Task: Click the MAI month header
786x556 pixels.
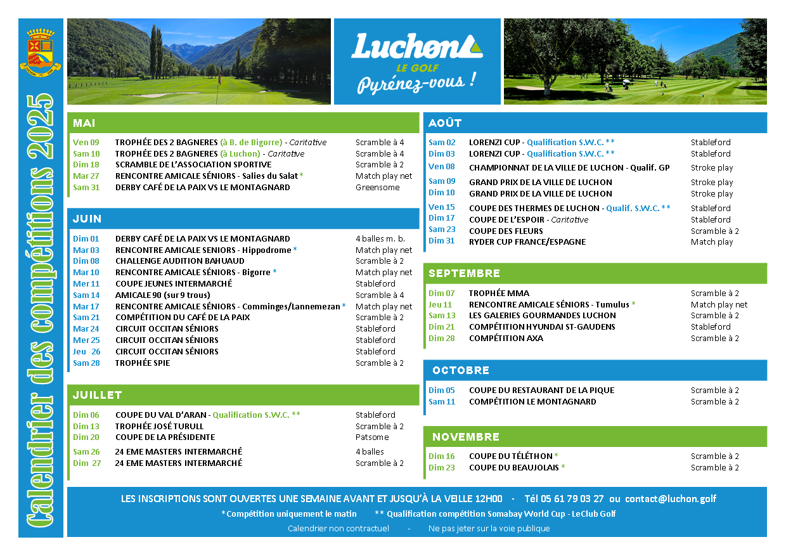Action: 84,123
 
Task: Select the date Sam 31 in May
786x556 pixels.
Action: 86,188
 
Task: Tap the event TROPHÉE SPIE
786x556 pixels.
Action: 143,363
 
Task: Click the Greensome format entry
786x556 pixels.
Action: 377,188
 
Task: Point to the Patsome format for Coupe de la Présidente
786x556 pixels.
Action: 372,437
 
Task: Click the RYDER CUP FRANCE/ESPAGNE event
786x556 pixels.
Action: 527,242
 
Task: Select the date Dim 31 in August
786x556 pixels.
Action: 441,241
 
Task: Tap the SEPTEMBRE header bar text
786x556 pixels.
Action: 464,274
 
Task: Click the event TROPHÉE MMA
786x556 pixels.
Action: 499,294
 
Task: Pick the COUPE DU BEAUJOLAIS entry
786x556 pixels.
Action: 513,468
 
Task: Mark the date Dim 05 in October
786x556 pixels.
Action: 441,391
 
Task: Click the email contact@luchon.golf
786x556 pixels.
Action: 671,499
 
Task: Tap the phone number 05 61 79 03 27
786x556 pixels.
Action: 573,499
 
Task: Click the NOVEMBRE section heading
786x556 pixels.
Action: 466,437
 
